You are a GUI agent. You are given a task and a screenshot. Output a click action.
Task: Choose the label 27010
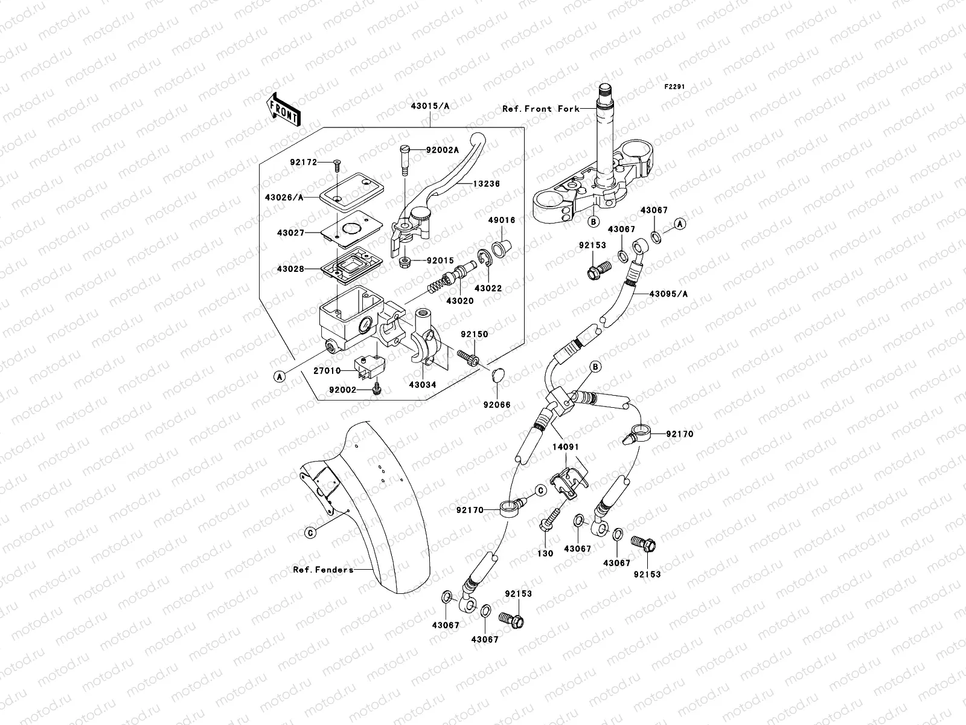tap(327, 371)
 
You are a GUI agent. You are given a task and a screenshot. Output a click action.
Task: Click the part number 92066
tap(496, 404)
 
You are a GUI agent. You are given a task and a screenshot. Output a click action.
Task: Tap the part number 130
tap(545, 553)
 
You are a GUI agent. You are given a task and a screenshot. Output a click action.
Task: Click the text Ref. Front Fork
tap(540, 109)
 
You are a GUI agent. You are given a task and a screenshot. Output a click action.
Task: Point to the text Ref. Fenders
tap(323, 570)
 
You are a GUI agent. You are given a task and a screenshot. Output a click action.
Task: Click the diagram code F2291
tap(675, 87)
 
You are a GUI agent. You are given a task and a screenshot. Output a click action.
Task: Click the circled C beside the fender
tap(310, 532)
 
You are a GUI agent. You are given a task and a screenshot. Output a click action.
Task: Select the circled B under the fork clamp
tap(593, 222)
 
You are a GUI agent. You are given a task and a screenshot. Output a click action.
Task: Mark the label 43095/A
tap(668, 294)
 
